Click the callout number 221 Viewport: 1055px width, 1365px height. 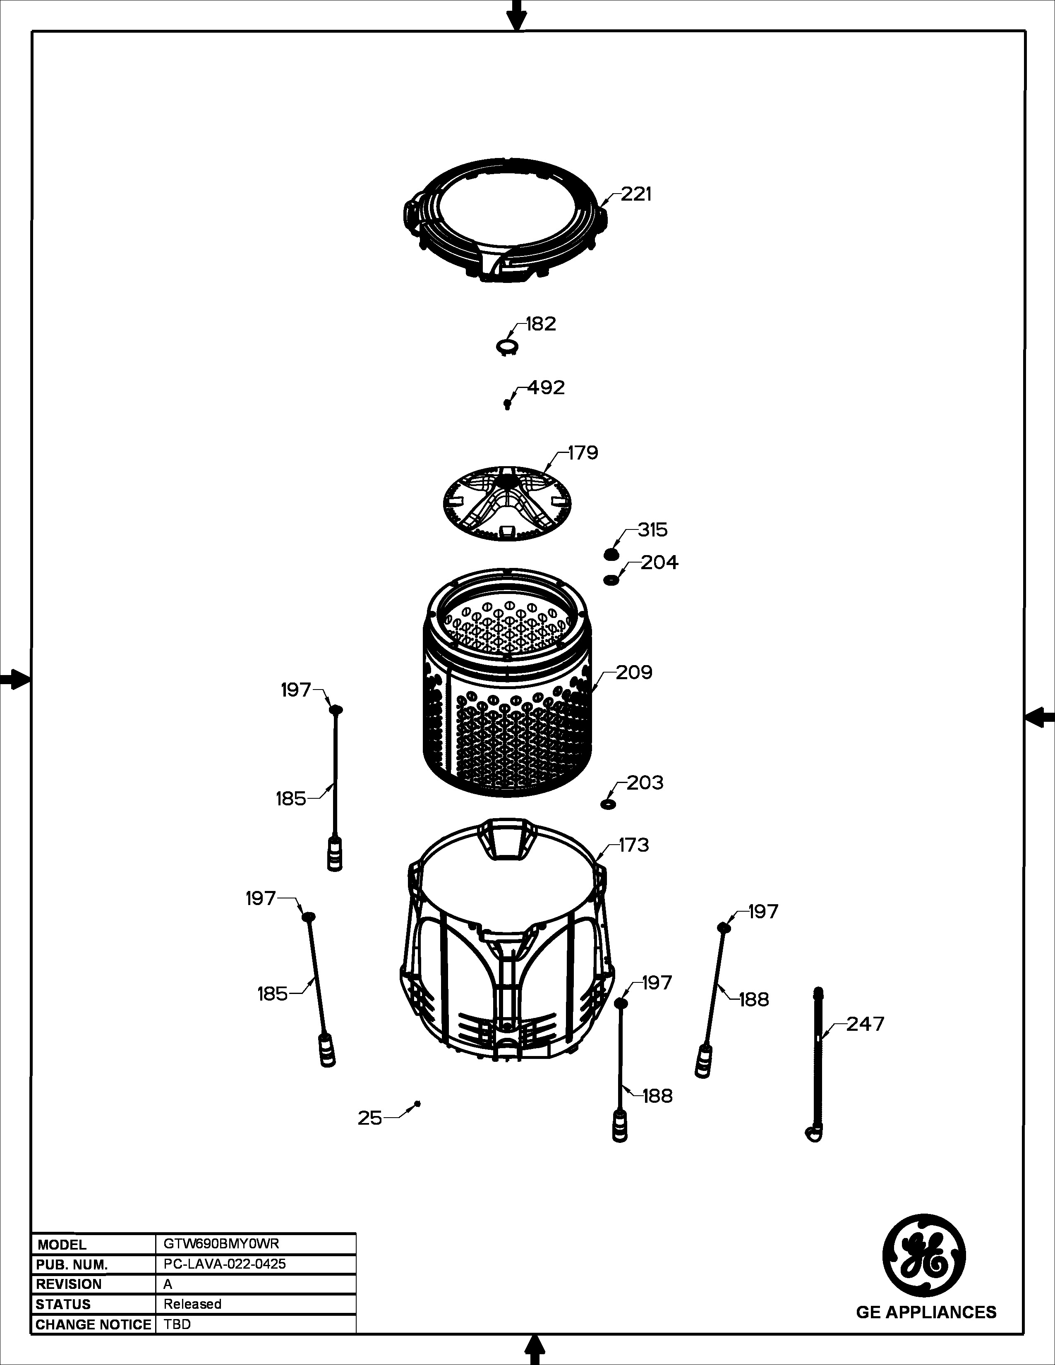coord(636,194)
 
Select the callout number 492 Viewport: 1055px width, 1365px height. coord(546,388)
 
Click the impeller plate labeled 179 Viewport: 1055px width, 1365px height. coord(508,503)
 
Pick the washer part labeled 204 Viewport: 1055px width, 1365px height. coord(611,581)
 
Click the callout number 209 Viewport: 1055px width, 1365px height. coord(634,673)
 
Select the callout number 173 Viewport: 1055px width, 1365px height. coord(634,845)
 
